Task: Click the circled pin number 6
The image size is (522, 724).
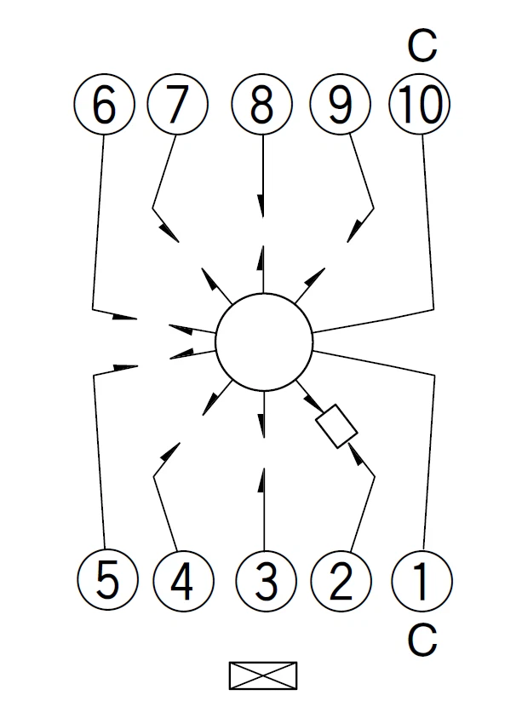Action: tap(104, 105)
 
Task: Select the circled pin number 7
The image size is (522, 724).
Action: tap(178, 105)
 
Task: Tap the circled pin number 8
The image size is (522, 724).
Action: tap(261, 105)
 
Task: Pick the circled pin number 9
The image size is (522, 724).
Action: tap(340, 105)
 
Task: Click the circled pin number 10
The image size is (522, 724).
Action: tap(420, 105)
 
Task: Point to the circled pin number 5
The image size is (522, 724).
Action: tap(107, 580)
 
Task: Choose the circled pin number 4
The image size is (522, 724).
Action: tap(183, 580)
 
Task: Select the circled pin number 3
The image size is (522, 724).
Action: tap(266, 580)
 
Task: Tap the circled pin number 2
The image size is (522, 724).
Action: tap(341, 580)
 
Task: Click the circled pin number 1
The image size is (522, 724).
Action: tap(422, 580)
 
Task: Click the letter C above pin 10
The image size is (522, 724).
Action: tap(422, 45)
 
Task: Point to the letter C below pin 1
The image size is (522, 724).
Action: tap(422, 640)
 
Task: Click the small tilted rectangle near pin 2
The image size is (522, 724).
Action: tap(336, 426)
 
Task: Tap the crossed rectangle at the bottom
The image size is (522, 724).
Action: tap(263, 675)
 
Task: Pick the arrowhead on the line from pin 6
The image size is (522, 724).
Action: tap(124, 317)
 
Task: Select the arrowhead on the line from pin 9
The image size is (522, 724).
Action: tap(354, 232)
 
